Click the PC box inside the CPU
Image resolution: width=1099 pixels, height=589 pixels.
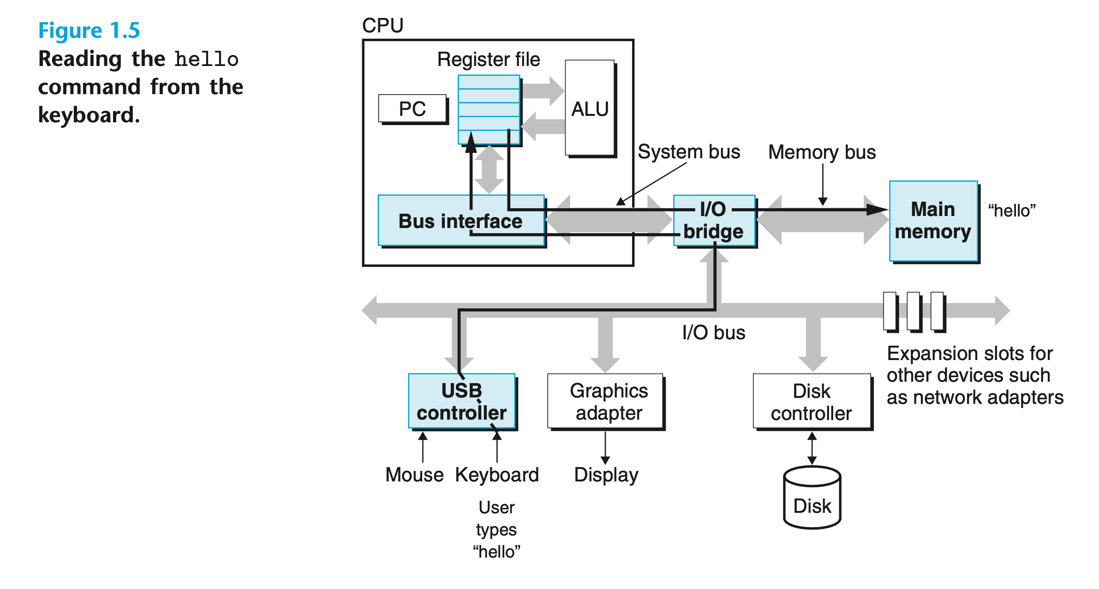pyautogui.click(x=412, y=109)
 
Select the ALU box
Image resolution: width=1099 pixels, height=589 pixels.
pyautogui.click(x=590, y=109)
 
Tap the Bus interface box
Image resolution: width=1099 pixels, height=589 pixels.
pyautogui.click(x=460, y=221)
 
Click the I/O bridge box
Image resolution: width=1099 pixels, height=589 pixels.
pyautogui.click(x=714, y=221)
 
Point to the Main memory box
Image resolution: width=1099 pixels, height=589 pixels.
pyautogui.click(x=933, y=221)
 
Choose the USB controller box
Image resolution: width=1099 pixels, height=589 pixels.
pyautogui.click(x=461, y=401)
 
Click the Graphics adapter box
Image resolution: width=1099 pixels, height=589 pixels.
pyautogui.click(x=606, y=401)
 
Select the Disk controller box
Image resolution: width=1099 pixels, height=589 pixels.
pyautogui.click(x=812, y=402)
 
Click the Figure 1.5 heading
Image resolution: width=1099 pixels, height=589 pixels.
pyautogui.click(x=89, y=30)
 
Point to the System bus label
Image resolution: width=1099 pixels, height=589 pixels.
pyautogui.click(x=689, y=152)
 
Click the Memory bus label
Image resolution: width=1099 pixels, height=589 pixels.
pyautogui.click(x=822, y=152)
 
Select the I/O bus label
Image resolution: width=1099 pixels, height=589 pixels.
pyautogui.click(x=714, y=332)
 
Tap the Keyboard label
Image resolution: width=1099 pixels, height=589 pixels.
pyautogui.click(x=497, y=475)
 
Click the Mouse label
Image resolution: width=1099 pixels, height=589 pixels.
pyautogui.click(x=414, y=475)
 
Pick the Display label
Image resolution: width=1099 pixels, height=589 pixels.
pyautogui.click(x=606, y=475)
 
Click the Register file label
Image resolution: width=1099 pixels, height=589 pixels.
pyautogui.click(x=489, y=60)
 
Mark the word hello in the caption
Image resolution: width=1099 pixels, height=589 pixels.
pyautogui.click(x=207, y=60)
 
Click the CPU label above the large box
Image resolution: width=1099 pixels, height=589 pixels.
pyautogui.click(x=382, y=25)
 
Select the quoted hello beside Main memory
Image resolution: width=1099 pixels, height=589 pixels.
pyautogui.click(x=1012, y=211)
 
